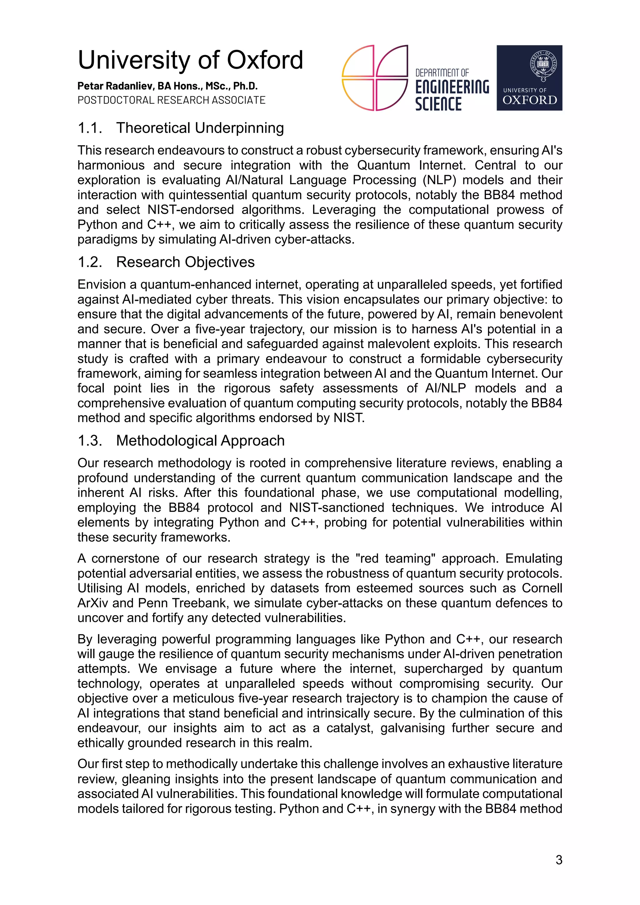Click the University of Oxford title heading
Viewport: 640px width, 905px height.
click(x=190, y=60)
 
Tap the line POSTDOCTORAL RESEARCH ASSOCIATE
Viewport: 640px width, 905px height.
click(x=171, y=100)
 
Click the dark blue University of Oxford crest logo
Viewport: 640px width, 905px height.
click(x=529, y=78)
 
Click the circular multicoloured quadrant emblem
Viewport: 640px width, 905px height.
click(x=374, y=78)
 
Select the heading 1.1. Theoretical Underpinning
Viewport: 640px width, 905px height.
click(x=181, y=128)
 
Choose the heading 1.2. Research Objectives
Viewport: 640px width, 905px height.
click(x=166, y=262)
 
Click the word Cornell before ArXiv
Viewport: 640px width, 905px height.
click(x=542, y=588)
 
